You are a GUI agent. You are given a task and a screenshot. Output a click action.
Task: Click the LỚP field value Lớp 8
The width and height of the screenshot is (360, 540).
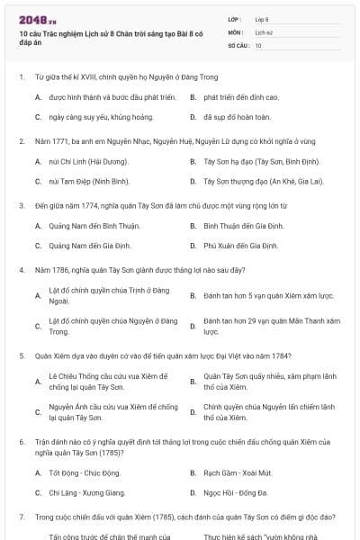pos(262,19)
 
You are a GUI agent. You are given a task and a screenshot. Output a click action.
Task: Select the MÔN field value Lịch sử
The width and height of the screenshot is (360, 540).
pos(263,31)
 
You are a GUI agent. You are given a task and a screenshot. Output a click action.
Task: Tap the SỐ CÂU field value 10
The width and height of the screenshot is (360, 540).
pos(258,44)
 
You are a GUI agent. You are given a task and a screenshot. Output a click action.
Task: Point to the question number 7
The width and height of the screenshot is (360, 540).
pos(21,517)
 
